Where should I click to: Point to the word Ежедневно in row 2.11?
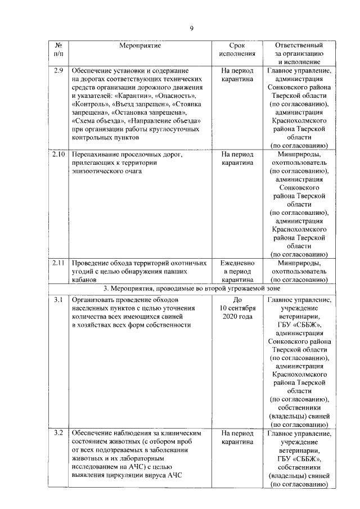click(x=238, y=262)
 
